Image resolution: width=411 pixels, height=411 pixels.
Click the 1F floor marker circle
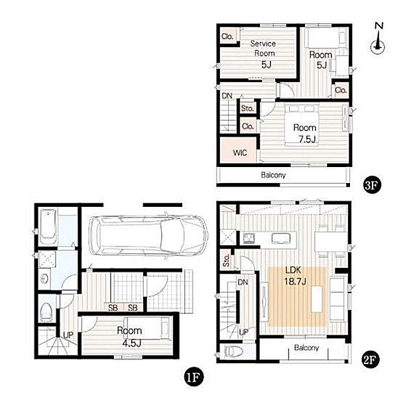pos(194,377)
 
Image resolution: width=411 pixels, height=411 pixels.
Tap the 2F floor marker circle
pos(369,360)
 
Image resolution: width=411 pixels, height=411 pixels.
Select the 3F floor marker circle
pos(372,186)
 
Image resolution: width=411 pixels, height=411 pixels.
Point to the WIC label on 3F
pos(240,152)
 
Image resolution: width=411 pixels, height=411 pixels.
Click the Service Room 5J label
pos(263,54)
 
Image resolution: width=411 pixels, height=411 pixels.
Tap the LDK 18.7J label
pos(295,276)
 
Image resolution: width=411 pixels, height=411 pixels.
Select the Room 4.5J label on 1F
pos(129,337)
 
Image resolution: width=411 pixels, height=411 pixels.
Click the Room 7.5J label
pos(305,133)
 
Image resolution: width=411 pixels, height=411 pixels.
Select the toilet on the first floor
pos(46,312)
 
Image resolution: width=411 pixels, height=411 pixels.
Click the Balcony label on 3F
pos(273,175)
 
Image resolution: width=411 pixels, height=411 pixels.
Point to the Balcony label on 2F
pos(306,348)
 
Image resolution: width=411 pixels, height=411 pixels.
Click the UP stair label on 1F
pos(68,335)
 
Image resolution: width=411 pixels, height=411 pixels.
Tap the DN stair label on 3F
pos(227,96)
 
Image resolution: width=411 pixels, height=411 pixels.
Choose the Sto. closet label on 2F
pos(226,261)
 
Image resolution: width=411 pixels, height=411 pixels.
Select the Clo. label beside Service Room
pos(227,36)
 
